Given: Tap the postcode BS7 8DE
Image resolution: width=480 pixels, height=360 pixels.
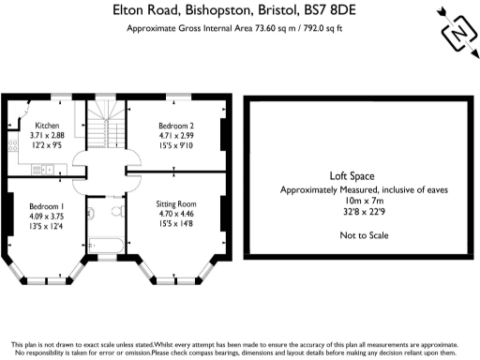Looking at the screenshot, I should (x=341, y=10).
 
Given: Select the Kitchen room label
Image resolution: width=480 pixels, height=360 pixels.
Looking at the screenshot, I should (x=47, y=126).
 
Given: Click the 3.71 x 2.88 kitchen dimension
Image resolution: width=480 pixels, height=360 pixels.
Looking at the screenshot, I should (x=47, y=136).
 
